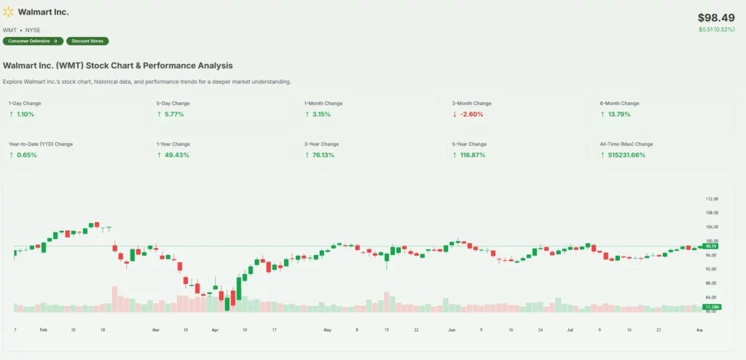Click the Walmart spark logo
point(9,13)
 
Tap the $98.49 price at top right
point(717,17)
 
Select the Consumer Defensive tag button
point(33,41)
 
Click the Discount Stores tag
point(86,41)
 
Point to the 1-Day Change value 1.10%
point(25,114)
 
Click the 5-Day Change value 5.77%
point(173,114)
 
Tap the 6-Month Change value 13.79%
point(617,114)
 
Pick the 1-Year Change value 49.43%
point(175,155)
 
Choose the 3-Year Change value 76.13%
point(323,155)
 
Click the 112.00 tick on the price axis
point(712,199)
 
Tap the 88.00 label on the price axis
point(711,283)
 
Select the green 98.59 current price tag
point(710,246)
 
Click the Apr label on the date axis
point(215,330)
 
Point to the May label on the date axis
point(327,330)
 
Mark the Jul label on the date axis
point(570,330)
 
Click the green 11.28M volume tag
point(710,308)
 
